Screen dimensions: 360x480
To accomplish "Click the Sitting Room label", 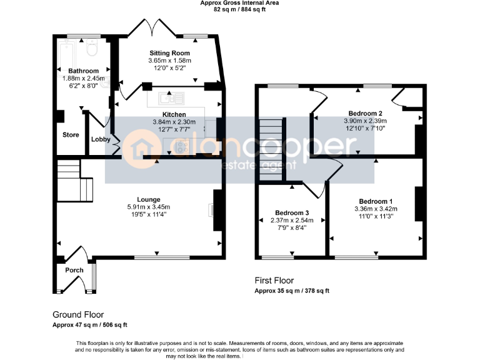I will coord(169,53).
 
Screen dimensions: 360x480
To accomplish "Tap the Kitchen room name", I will coord(174,114).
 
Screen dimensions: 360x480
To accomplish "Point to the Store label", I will coord(70,134).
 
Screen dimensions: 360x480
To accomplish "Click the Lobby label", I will coord(101,139).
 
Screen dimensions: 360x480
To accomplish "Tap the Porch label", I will coord(74,270).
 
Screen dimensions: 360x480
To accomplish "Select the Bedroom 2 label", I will coord(366,113).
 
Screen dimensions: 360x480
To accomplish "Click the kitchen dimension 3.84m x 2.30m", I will coord(174,122).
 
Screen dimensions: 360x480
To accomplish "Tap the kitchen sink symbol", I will coord(169,97).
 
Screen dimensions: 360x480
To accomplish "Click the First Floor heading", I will coord(274,281).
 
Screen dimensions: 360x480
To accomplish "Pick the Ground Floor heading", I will coord(78,315).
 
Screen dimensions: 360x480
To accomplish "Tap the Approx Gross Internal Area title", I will coord(239,3).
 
